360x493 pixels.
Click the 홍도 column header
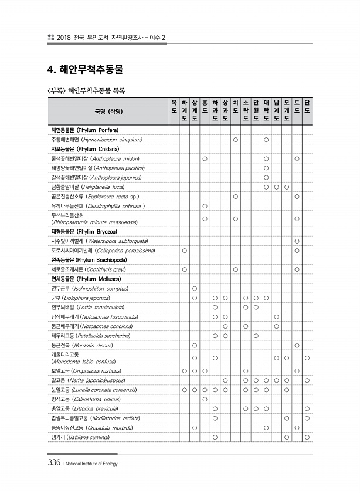point(205,106)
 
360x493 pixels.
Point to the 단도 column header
point(307,106)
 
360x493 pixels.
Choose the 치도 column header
point(235,106)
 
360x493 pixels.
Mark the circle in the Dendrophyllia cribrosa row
point(205,206)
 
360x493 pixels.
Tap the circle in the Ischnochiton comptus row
point(195,288)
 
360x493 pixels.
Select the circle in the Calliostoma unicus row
point(205,400)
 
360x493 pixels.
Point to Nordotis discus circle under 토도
point(297,345)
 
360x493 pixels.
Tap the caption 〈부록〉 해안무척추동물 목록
point(86,91)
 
